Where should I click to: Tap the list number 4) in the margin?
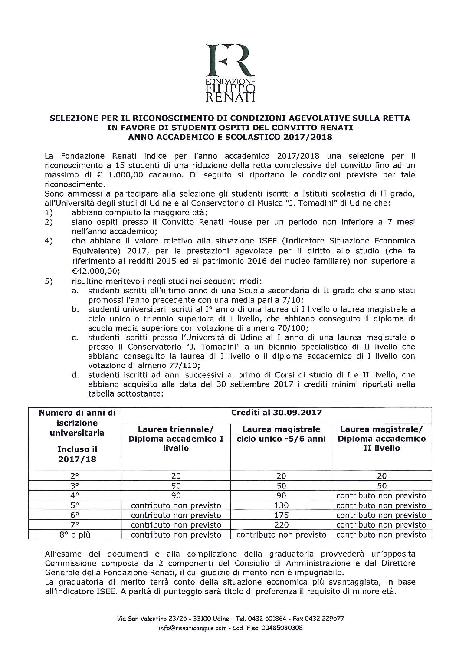click(49, 241)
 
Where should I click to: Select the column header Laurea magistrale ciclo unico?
click(281, 434)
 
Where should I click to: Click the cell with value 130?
click(281, 505)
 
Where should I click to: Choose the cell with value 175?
click(281, 515)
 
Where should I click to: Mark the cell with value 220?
click(281, 524)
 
